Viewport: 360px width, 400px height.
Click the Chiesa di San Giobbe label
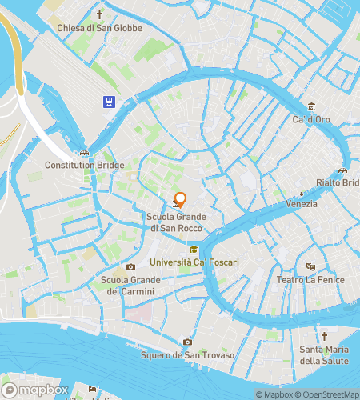coord(99,28)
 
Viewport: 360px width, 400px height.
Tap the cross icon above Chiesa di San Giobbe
coord(100,14)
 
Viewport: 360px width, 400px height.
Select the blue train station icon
coord(108,102)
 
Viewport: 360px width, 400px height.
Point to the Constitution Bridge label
coord(85,166)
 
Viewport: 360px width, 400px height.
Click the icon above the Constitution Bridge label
coord(84,153)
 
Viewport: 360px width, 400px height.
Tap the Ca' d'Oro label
coord(312,119)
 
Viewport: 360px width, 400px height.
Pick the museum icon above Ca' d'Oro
coord(313,106)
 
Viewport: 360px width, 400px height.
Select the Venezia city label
coord(301,204)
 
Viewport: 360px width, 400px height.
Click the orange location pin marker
coord(181,199)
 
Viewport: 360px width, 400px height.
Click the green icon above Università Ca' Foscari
coord(192,249)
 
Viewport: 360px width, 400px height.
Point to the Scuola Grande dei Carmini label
coord(130,286)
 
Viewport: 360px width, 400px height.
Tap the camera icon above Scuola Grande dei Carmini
coord(130,266)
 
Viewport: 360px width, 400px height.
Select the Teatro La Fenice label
coord(310,280)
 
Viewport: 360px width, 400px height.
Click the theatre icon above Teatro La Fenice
coord(310,266)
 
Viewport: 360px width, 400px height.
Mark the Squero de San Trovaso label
coord(187,355)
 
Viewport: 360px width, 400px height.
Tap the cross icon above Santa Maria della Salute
coord(324,336)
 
